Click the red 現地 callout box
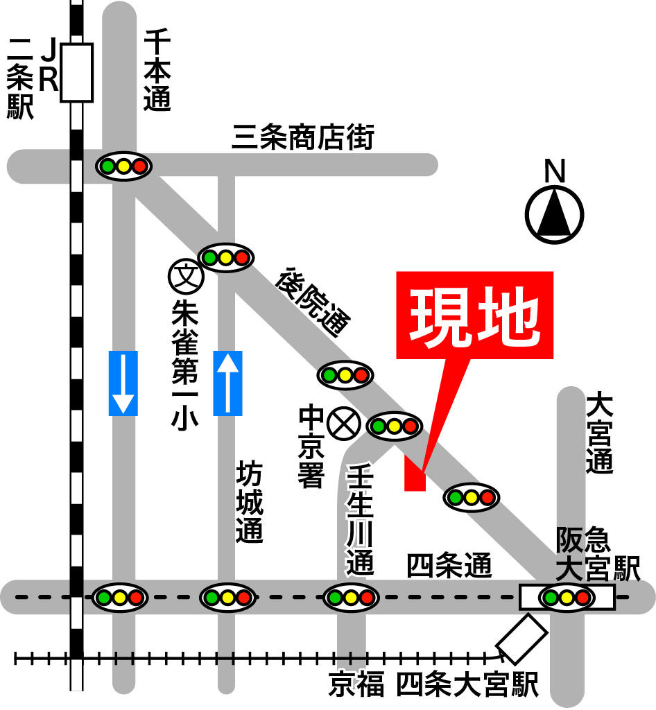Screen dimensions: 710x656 click(474, 315)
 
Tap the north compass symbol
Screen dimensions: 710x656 click(554, 214)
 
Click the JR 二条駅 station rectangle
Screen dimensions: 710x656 click(76, 72)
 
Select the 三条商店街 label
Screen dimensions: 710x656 click(303, 138)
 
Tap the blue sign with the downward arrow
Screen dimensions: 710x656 click(123, 383)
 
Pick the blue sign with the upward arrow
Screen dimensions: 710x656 click(228, 383)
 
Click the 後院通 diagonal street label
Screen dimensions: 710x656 click(313, 302)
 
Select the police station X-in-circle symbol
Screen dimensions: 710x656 click(341, 424)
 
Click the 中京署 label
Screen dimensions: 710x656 click(311, 447)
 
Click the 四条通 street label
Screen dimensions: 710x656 click(449, 566)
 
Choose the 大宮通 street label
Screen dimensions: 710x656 click(599, 433)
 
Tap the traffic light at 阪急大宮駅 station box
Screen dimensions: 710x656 click(567, 597)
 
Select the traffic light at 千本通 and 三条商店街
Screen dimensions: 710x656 click(124, 166)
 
